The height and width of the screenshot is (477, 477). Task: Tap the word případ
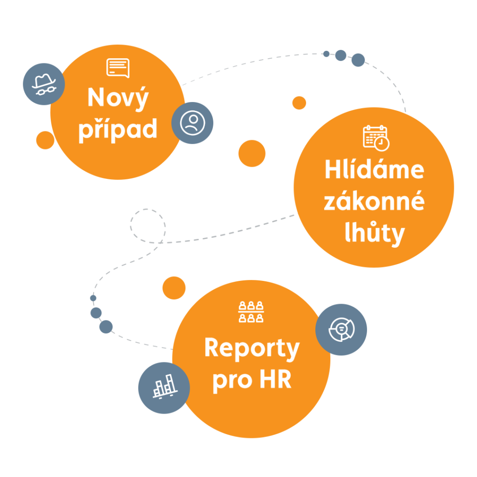point(117,129)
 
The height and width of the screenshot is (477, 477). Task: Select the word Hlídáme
point(374,170)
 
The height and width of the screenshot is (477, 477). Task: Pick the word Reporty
point(252,349)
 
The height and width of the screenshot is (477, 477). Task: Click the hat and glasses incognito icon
point(43,84)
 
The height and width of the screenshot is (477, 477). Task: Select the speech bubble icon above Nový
point(118,68)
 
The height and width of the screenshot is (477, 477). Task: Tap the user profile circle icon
point(192,123)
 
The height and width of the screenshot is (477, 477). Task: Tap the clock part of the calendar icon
point(382,143)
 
